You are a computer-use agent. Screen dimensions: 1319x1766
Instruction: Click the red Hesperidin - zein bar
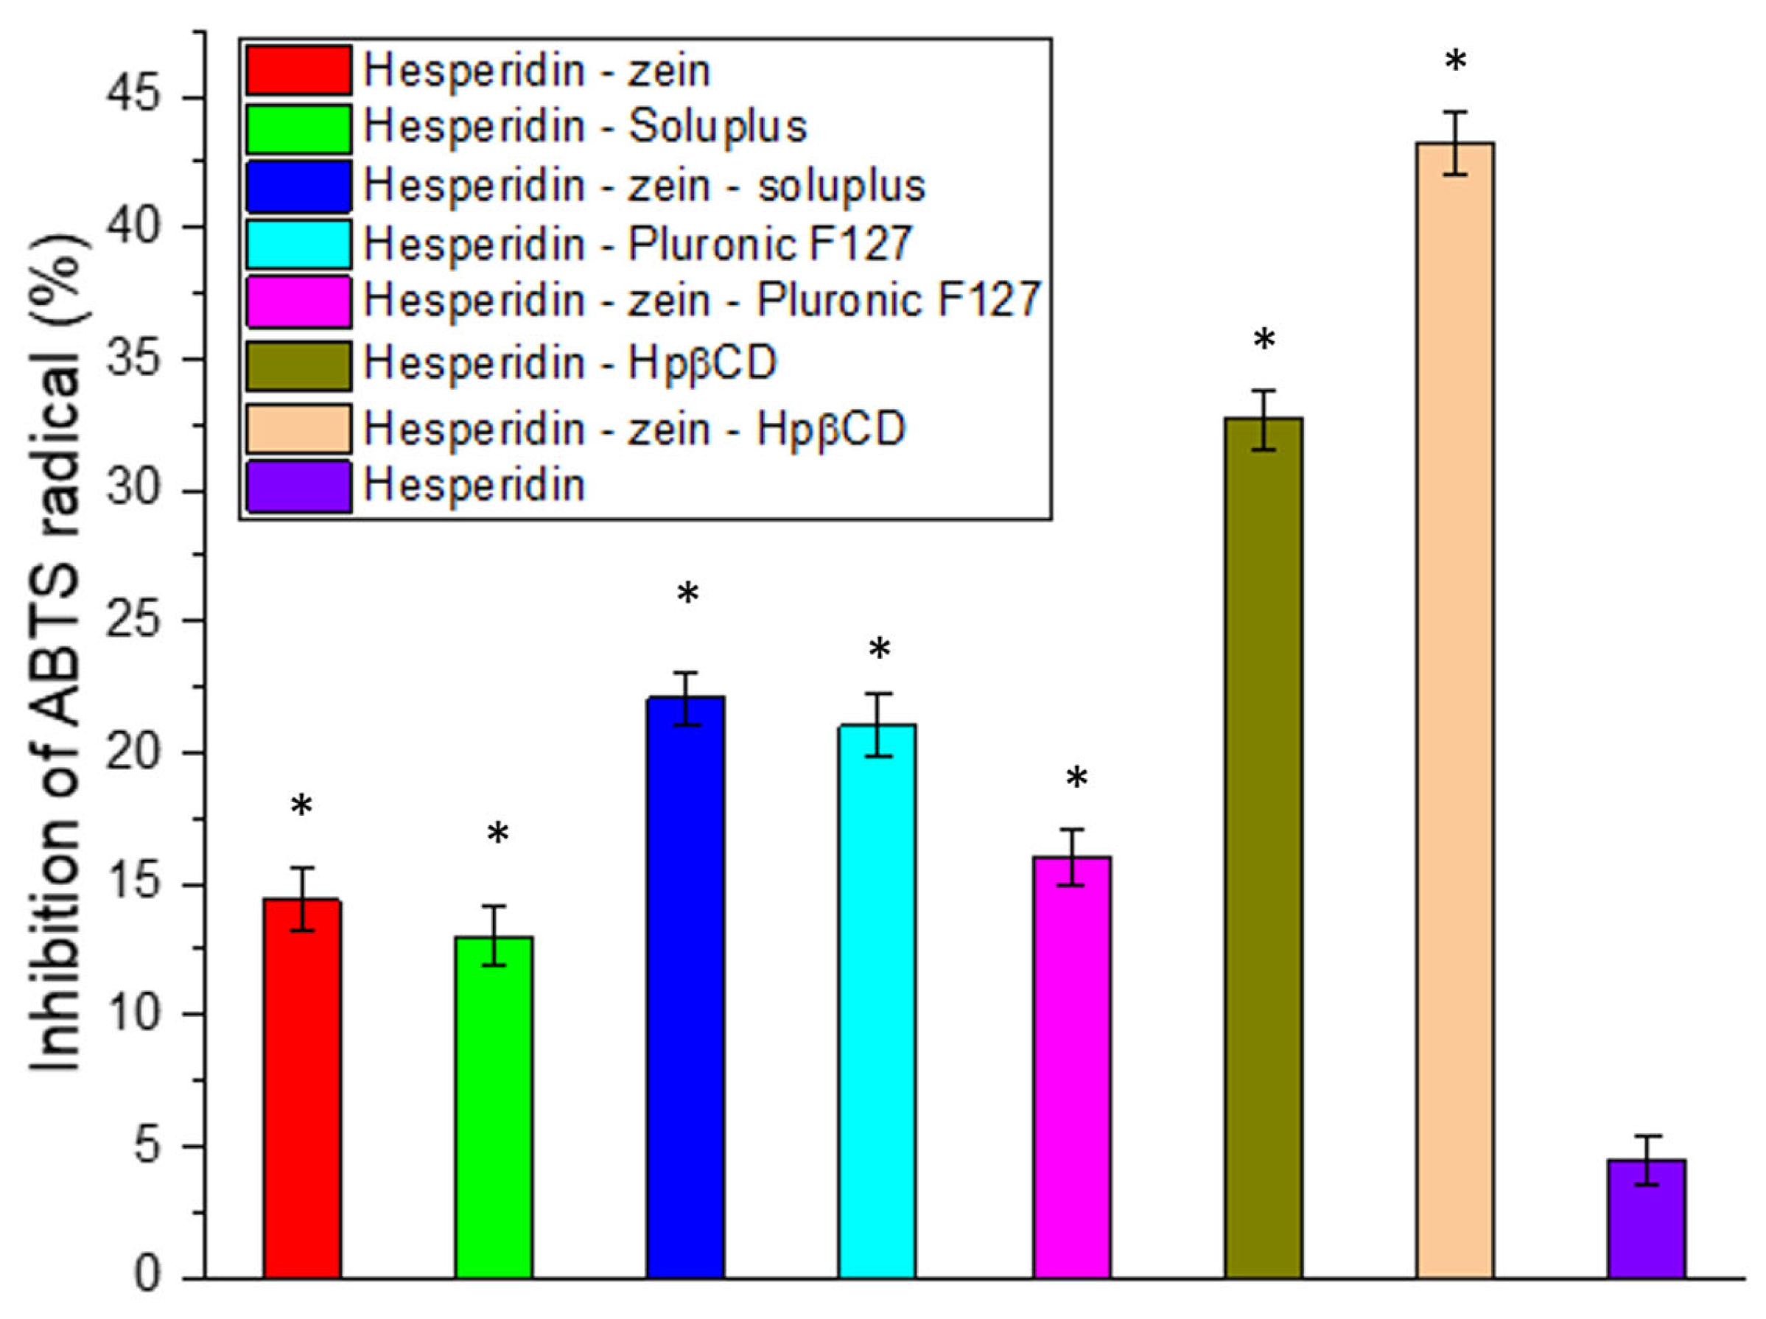[303, 1090]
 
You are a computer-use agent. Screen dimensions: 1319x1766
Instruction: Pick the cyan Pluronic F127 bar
[877, 1002]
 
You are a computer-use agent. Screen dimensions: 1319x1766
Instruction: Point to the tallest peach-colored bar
[1454, 710]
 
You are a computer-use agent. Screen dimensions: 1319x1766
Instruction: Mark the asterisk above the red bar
[301, 807]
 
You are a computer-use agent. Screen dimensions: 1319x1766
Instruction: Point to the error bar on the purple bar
[1646, 1160]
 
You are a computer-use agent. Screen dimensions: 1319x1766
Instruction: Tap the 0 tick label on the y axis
[147, 1274]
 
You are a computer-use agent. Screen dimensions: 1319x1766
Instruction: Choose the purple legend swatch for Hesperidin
[298, 486]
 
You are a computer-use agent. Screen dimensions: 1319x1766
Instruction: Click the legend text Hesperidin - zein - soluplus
[644, 185]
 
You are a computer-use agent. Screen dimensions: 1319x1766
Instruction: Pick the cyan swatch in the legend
[298, 243]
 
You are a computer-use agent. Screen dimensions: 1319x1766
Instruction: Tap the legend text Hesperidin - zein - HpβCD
[634, 429]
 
